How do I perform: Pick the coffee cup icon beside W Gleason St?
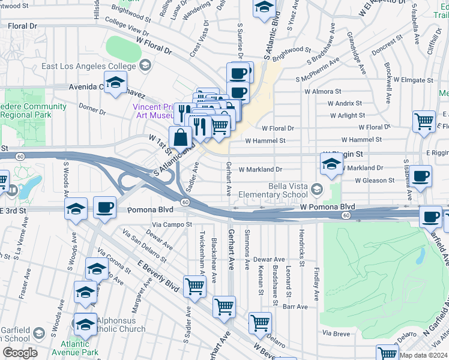421,176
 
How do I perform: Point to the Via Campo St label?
171,224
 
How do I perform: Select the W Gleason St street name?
375,180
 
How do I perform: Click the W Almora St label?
324,92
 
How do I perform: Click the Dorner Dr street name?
92,111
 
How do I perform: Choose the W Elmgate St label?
411,80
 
